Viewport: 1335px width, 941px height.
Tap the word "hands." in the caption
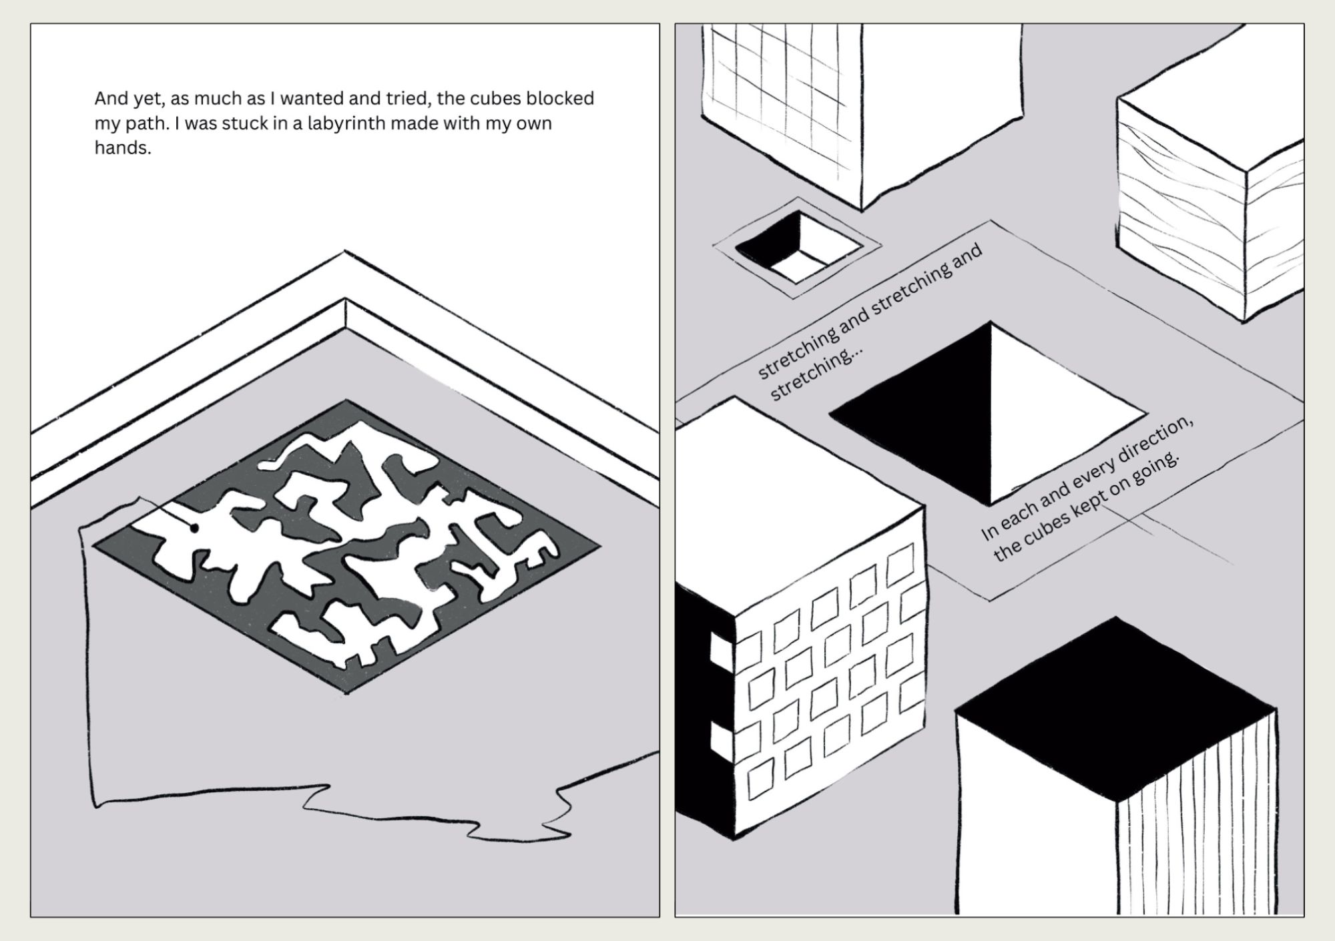coord(123,148)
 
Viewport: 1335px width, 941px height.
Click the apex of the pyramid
coord(991,324)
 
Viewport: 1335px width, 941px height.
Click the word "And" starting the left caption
coord(109,99)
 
